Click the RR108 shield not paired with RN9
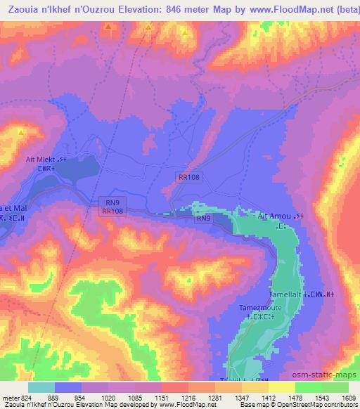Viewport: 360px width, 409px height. (188, 178)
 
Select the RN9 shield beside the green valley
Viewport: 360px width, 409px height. (203, 219)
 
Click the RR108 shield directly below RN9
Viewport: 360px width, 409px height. (113, 211)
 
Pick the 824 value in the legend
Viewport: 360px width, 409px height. (26, 398)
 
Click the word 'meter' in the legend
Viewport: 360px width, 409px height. (9, 398)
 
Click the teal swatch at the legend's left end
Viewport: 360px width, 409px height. (41, 387)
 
